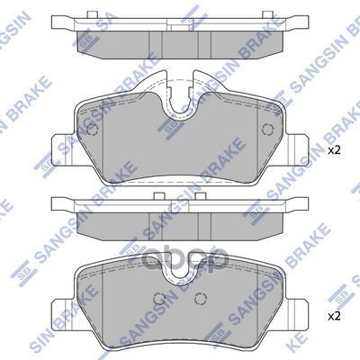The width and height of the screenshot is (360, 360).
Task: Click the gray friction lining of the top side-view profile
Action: pos(180,46)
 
